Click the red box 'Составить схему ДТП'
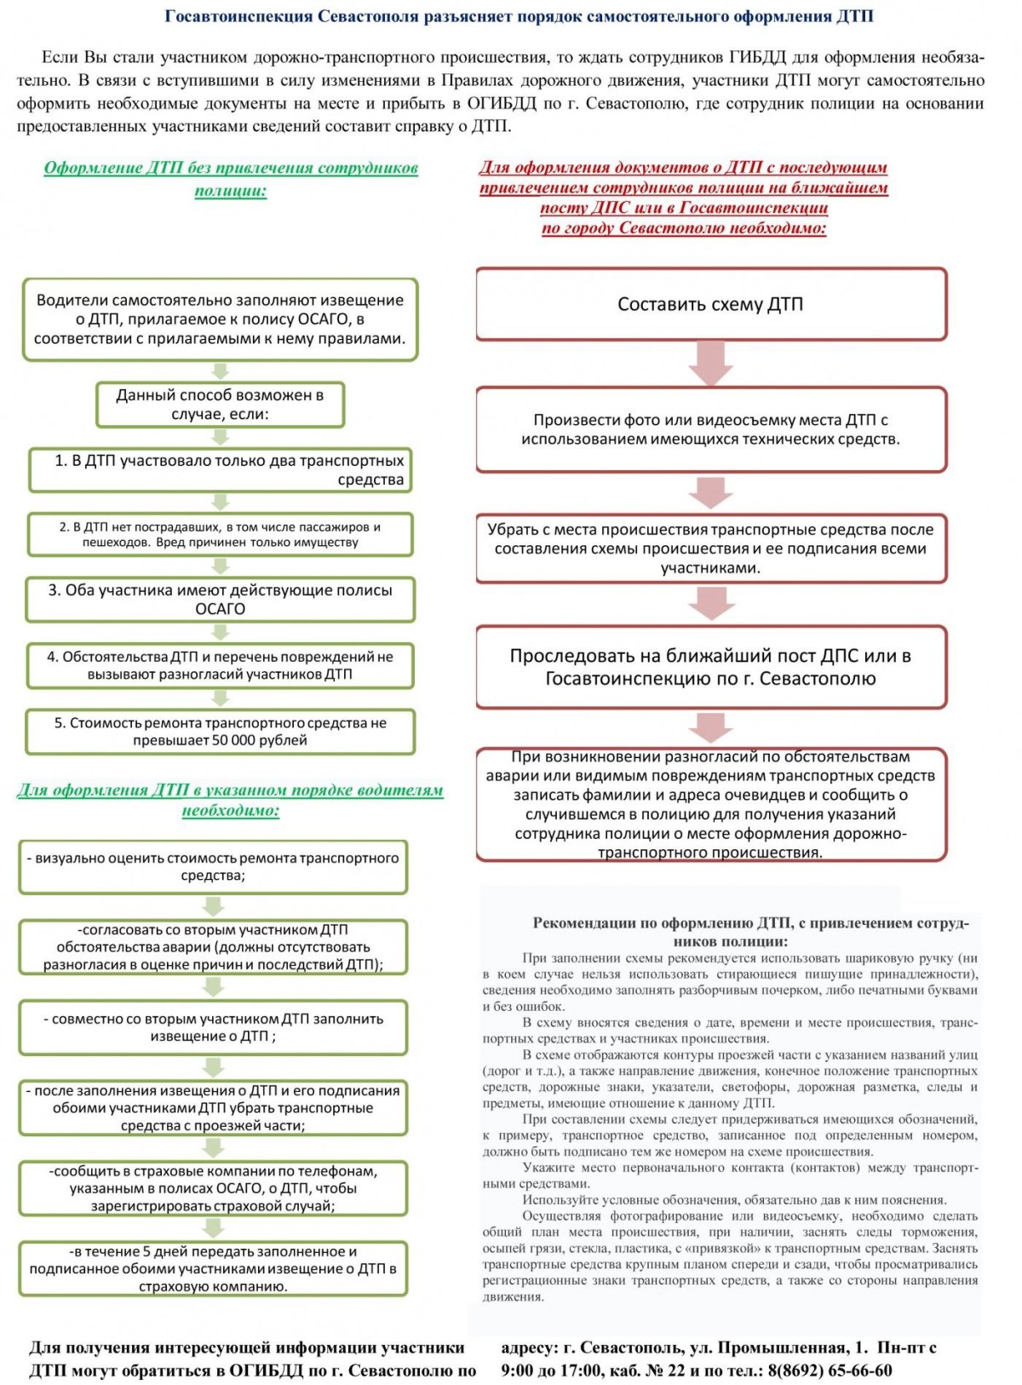(710, 305)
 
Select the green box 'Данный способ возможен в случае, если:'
(220, 405)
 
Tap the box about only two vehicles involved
(220, 470)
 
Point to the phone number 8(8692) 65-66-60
(830, 1371)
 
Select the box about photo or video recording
(710, 429)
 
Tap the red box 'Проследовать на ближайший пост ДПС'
(710, 667)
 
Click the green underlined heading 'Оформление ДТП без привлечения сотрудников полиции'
(231, 178)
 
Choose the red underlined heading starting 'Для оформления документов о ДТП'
(683, 197)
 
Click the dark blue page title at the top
(519, 16)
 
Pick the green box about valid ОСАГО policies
(220, 599)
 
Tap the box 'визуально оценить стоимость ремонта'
(213, 866)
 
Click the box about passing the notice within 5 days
(213, 1268)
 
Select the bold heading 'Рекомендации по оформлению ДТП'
(750, 931)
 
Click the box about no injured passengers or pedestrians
(220, 534)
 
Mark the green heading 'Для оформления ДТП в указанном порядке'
(230, 799)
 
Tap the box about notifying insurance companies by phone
(213, 1188)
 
